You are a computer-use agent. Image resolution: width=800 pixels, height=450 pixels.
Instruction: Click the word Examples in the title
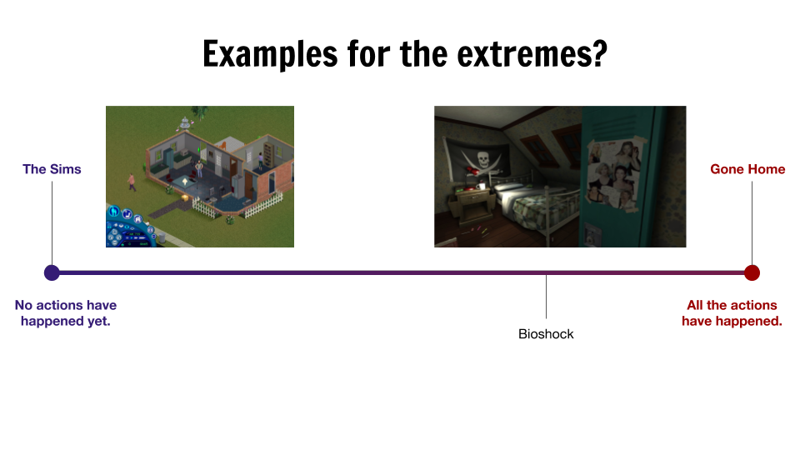pos(270,54)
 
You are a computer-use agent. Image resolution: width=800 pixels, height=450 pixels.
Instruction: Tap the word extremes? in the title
pos(532,54)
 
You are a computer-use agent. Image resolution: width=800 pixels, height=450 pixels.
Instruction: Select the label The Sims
pos(52,169)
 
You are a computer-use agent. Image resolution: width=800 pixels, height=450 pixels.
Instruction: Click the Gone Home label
pos(747,169)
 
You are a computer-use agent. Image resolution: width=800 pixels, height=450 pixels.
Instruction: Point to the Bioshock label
pos(546,334)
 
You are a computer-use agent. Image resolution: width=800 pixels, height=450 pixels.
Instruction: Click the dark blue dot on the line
pos(52,273)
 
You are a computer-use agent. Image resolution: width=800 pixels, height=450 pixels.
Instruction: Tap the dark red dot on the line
pos(752,273)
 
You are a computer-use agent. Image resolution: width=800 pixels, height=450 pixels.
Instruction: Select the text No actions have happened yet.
pos(66,312)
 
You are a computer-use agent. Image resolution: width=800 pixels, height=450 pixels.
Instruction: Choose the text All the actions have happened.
pos(732,312)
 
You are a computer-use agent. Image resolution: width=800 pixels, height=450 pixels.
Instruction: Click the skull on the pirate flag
pos(482,160)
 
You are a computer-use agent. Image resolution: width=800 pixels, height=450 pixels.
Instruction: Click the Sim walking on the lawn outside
pos(132,182)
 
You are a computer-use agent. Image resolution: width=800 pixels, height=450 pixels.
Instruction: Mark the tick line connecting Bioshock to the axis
pos(546,297)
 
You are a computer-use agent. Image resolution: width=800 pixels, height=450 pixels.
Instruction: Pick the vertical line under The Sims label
pos(52,223)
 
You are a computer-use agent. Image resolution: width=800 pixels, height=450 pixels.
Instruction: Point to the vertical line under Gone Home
pos(752,223)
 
